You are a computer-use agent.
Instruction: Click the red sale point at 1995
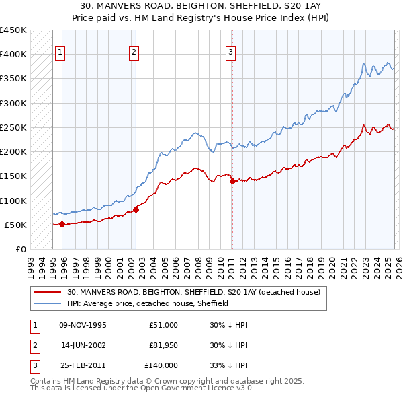(62, 224)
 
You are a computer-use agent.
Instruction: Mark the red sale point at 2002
(136, 209)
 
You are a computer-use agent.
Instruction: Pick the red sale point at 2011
(232, 181)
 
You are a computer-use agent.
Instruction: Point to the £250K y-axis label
(13, 127)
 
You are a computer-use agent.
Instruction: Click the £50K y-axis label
(16, 225)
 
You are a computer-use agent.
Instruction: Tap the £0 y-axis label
(21, 249)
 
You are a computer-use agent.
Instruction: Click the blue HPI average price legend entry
(148, 303)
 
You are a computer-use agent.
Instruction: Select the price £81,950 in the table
(163, 345)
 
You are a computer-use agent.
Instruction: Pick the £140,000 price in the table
(163, 365)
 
